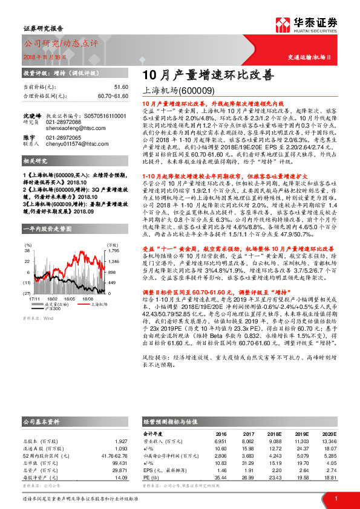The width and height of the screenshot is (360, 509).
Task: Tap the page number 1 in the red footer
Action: tap(335, 498)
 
